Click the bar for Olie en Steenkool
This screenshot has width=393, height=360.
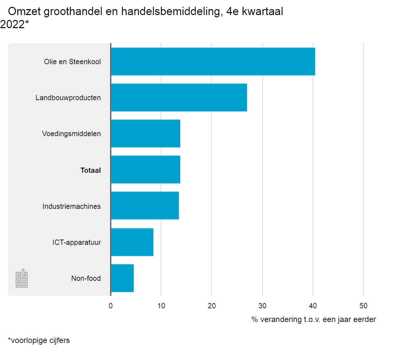(x=213, y=62)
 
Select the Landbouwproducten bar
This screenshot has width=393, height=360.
(x=179, y=98)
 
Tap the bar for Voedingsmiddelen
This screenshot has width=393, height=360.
(x=145, y=134)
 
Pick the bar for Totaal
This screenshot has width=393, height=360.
(x=145, y=170)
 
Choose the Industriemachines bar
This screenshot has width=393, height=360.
(x=145, y=206)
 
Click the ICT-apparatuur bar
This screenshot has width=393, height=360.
(x=132, y=242)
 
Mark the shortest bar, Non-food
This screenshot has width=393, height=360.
(x=122, y=278)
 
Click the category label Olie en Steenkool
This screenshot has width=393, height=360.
(x=72, y=62)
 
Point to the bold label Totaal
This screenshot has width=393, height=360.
(x=90, y=170)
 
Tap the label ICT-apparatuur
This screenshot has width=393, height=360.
(x=76, y=242)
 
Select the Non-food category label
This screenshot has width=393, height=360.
(x=86, y=278)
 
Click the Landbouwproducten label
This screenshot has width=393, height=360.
(x=68, y=98)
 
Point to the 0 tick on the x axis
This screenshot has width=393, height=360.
(x=111, y=306)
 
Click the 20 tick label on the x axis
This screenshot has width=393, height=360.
(x=212, y=306)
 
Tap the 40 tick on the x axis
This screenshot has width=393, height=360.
(x=313, y=306)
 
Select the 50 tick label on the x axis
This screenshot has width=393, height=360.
(x=363, y=306)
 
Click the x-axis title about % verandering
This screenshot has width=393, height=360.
(x=313, y=319)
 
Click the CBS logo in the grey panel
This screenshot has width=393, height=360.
(x=22, y=279)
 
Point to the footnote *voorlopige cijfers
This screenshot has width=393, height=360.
(x=39, y=340)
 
